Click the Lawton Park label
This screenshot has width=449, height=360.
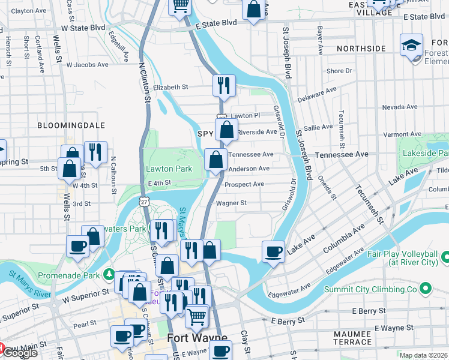[x=169, y=169]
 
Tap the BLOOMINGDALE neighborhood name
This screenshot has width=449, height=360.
[x=71, y=125]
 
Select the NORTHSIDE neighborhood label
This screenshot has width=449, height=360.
[x=361, y=48]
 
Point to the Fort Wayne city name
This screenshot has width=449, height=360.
[x=197, y=337]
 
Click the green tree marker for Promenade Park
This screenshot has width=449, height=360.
[x=109, y=275]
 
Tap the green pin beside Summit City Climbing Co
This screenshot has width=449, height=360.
[x=426, y=289]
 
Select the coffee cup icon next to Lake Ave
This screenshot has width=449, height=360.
[x=274, y=251]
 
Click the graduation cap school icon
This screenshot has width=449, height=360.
[x=412, y=45]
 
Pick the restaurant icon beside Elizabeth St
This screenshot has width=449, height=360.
[x=224, y=85]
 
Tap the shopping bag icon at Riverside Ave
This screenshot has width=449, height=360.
[x=226, y=130]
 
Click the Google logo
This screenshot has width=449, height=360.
[x=19, y=353]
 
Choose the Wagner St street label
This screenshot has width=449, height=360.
[x=232, y=203]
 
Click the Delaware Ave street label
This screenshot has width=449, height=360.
[x=318, y=94]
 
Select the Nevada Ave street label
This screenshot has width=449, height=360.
[x=399, y=107]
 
